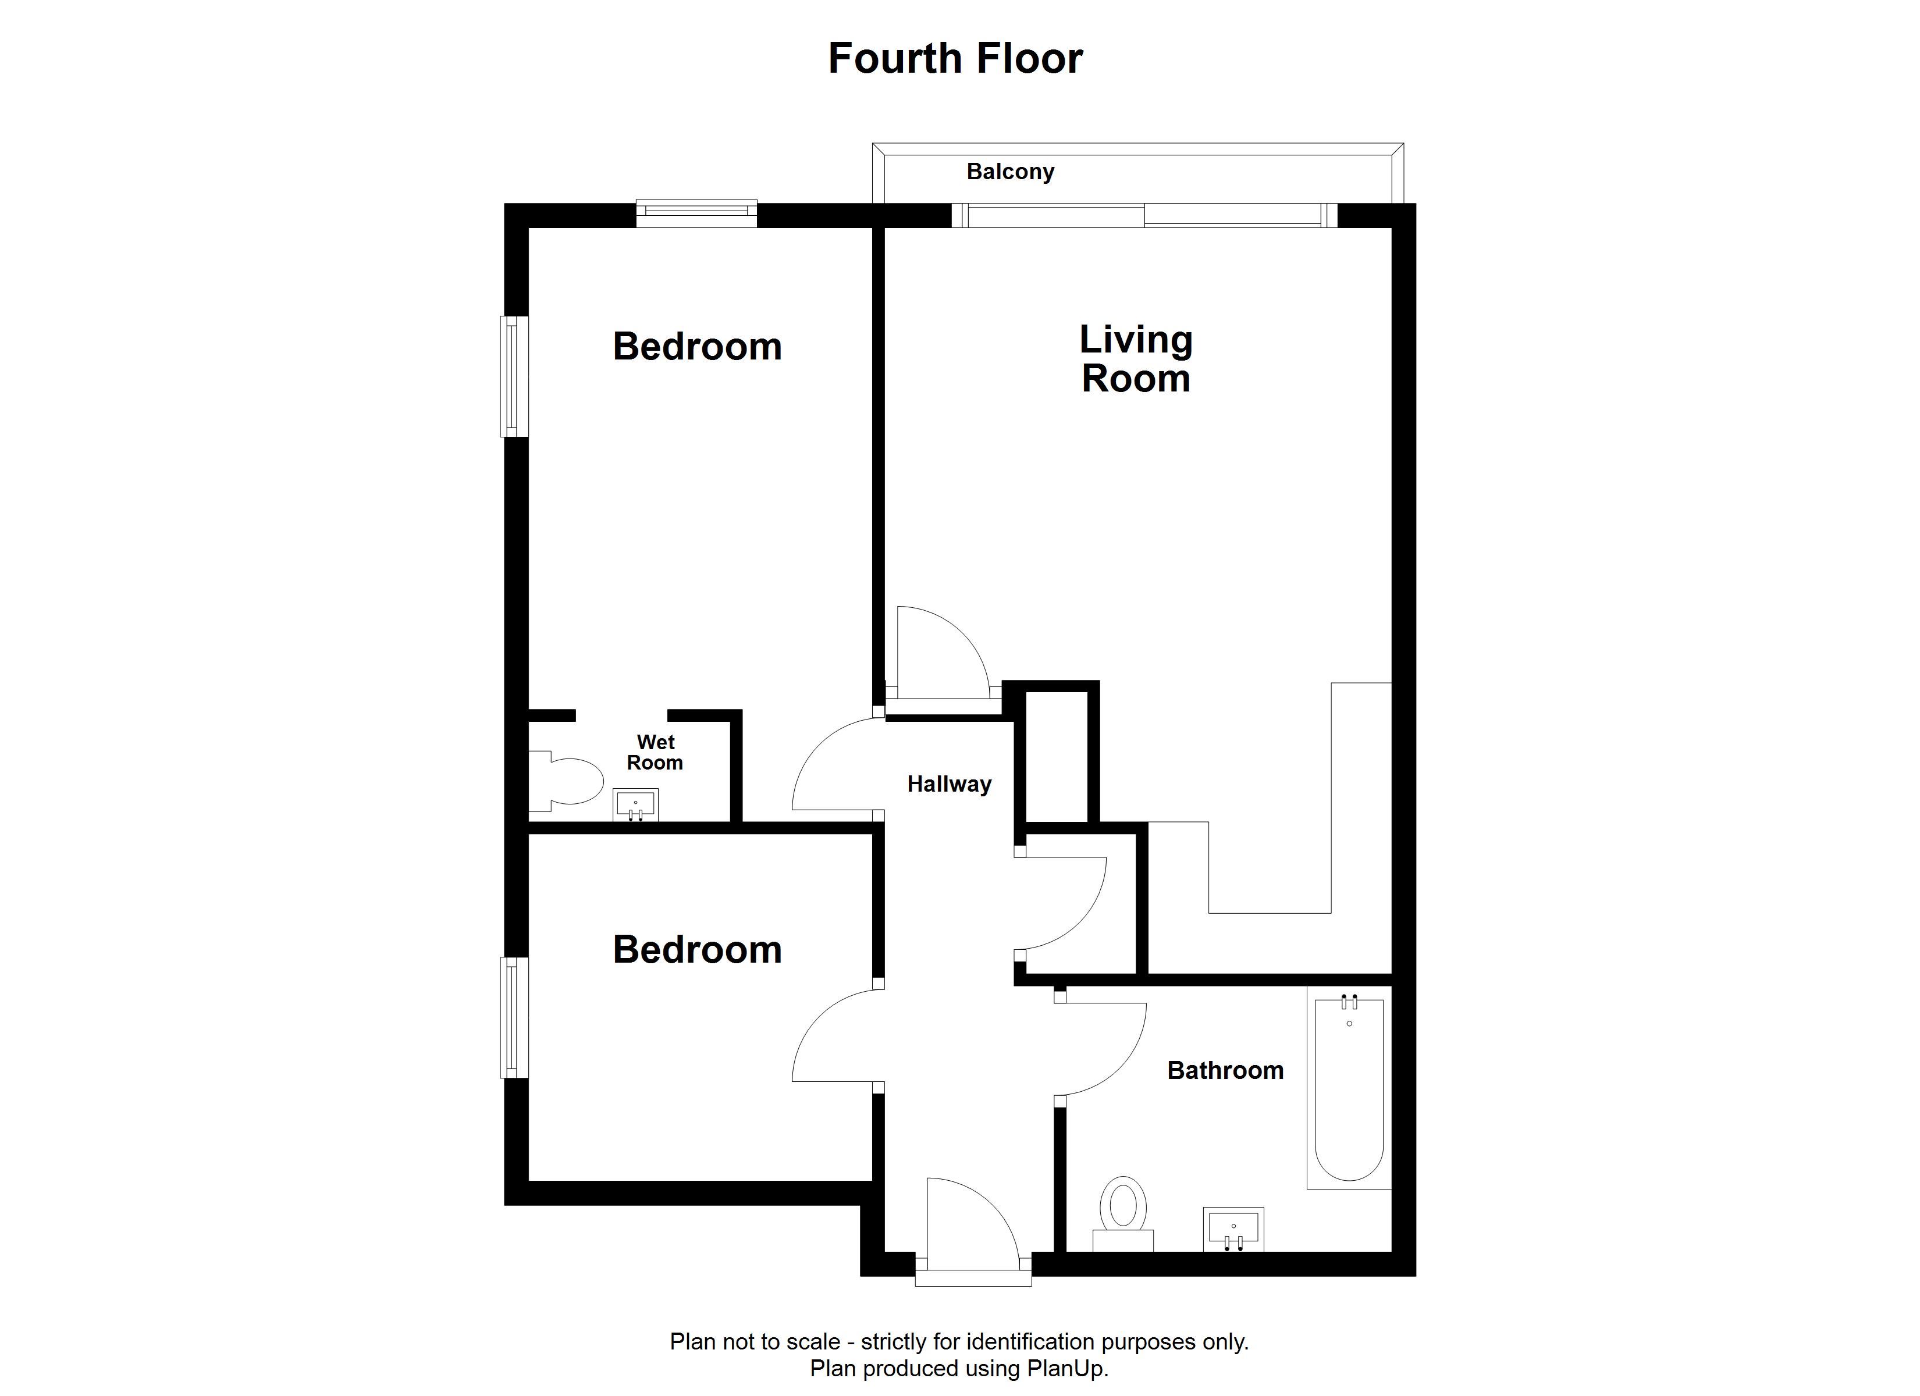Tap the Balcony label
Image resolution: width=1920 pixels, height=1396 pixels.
tap(1010, 172)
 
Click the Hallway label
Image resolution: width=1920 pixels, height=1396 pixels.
tap(949, 784)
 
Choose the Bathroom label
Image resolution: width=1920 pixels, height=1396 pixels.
tap(1225, 1071)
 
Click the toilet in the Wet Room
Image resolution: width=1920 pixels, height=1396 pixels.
tap(566, 778)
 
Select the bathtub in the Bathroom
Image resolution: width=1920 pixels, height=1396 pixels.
tap(1349, 1088)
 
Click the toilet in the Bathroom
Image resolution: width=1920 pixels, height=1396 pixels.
tap(1123, 1213)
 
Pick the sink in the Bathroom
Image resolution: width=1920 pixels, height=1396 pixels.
tap(1233, 1229)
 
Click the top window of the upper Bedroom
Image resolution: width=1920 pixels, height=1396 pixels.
tap(696, 213)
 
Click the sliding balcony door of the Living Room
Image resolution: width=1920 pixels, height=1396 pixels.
tap(1144, 215)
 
